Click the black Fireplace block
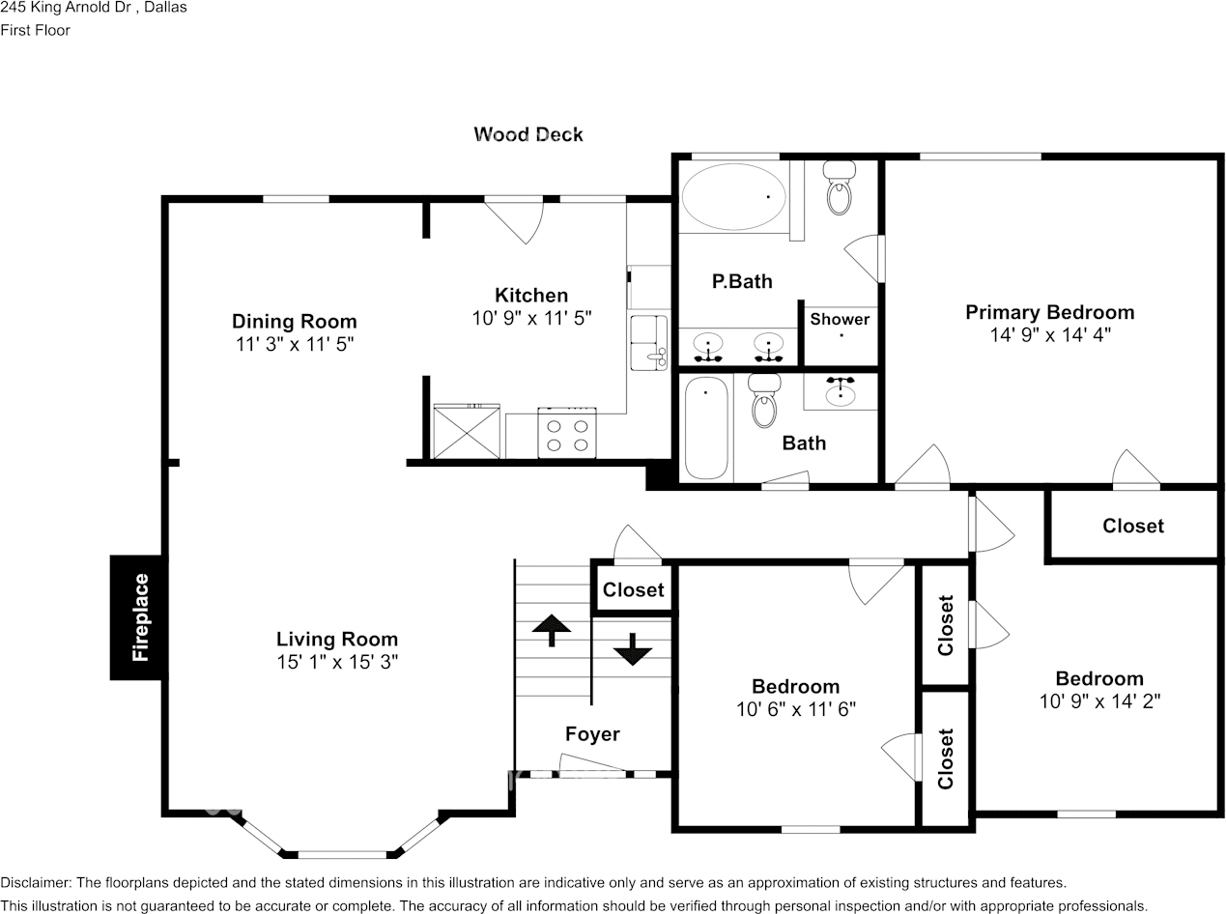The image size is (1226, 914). (136, 617)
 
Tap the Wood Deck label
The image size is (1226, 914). (528, 134)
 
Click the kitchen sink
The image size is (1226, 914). (648, 341)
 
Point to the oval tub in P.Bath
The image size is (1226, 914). (733, 197)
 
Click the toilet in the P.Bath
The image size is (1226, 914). (840, 189)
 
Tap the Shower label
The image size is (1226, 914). (840, 319)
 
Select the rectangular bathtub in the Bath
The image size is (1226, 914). (706, 427)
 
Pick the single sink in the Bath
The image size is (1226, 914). (841, 392)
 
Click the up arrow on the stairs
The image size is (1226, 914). (552, 629)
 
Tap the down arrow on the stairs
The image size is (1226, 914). (633, 649)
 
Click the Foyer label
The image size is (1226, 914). (592, 734)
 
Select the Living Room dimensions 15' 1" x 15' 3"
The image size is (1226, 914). (336, 662)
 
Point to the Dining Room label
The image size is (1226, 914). (294, 321)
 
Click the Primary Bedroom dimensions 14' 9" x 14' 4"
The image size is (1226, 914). (1049, 335)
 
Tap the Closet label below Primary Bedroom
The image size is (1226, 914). (1133, 526)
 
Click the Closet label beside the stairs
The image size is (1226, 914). (634, 589)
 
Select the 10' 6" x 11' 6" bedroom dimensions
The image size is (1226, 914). (795, 709)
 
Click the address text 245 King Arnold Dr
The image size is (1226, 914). (94, 8)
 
